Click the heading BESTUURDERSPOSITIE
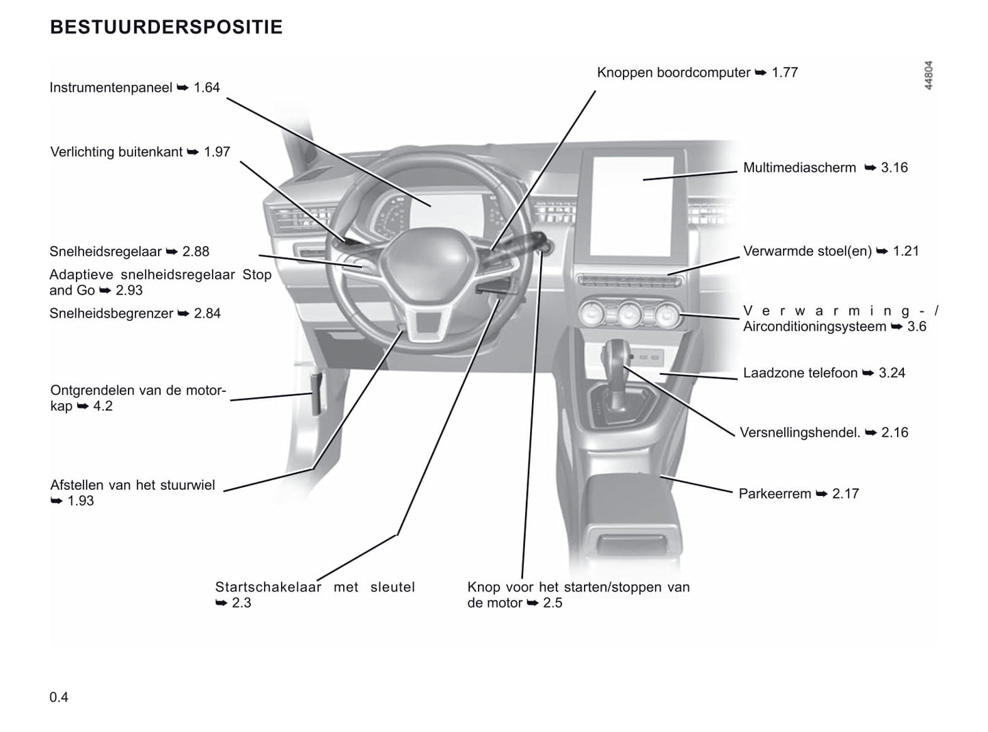pos(166,27)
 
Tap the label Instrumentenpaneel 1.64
pos(135,88)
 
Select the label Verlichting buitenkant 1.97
pos(140,152)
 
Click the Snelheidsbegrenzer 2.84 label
pos(135,313)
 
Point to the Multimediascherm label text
pos(799,168)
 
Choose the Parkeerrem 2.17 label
pos(799,493)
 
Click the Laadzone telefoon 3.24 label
pos(824,373)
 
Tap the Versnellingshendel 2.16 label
pos(824,432)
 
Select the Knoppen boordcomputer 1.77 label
pos(697,73)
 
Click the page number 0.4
pos(59,697)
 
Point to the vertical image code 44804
pos(928,75)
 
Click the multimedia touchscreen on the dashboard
pos(632,205)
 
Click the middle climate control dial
pos(628,315)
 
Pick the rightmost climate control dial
pos(666,315)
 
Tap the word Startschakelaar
pos(268,587)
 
